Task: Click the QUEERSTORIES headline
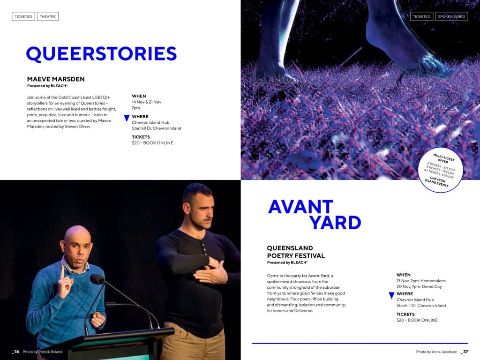101,54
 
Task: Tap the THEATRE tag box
48,16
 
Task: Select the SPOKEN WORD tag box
451,16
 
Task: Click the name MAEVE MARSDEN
56,79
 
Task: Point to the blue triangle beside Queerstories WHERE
127,118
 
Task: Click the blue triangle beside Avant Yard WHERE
391,295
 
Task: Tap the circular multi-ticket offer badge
440,170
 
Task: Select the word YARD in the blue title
335,223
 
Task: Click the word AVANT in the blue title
300,207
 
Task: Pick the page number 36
16,352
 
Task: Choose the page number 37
465,352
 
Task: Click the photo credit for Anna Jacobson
436,352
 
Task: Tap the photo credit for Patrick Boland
43,352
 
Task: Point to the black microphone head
97,279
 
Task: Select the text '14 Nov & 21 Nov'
146,102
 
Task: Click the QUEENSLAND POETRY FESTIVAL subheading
296,252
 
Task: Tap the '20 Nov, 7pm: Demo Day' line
419,286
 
